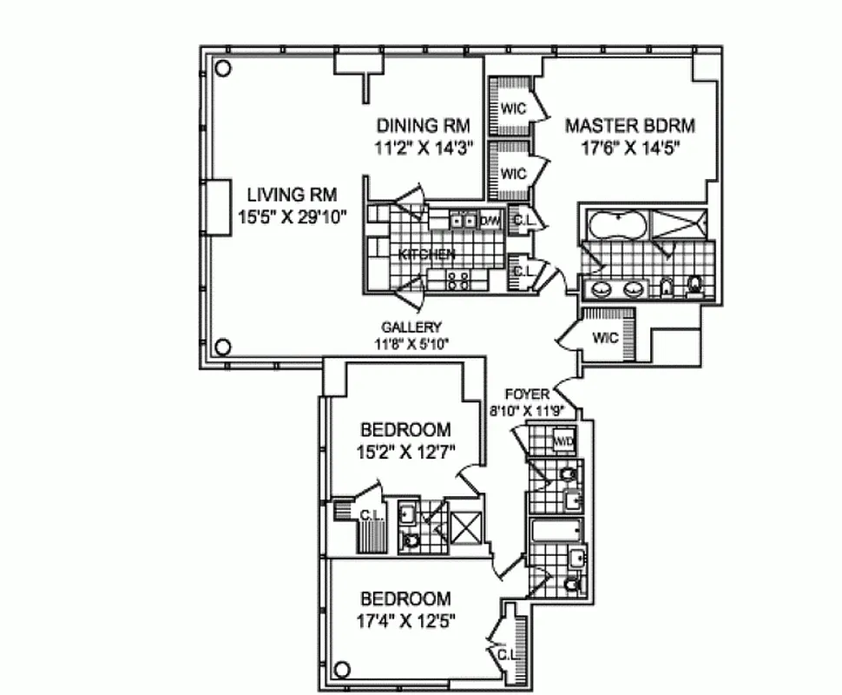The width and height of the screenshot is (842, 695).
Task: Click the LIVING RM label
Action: [291, 194]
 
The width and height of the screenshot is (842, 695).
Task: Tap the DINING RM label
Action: [423, 126]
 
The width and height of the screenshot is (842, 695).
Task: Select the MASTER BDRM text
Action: [630, 126]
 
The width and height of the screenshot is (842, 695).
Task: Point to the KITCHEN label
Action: [426, 255]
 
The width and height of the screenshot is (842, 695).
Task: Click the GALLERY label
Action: [411, 327]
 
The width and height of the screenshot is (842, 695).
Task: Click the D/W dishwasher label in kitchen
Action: [490, 221]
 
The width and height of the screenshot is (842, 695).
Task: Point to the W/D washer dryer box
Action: [564, 440]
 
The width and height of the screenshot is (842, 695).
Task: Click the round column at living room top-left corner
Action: [222, 69]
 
